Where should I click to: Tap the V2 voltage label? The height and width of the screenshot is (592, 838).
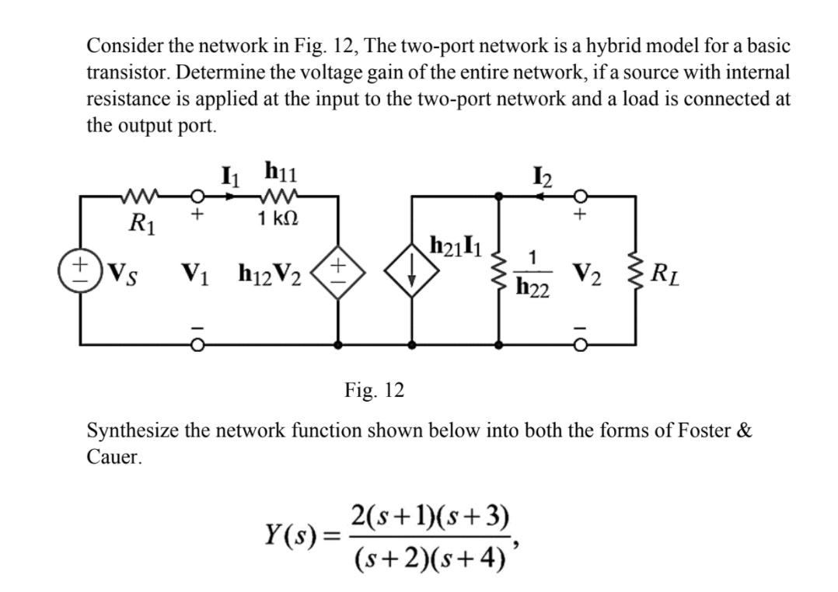tap(588, 273)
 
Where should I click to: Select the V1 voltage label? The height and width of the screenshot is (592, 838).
tap(195, 273)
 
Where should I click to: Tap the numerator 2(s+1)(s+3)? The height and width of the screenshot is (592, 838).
tap(430, 516)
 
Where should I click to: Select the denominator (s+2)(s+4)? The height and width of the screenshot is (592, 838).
tap(430, 556)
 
